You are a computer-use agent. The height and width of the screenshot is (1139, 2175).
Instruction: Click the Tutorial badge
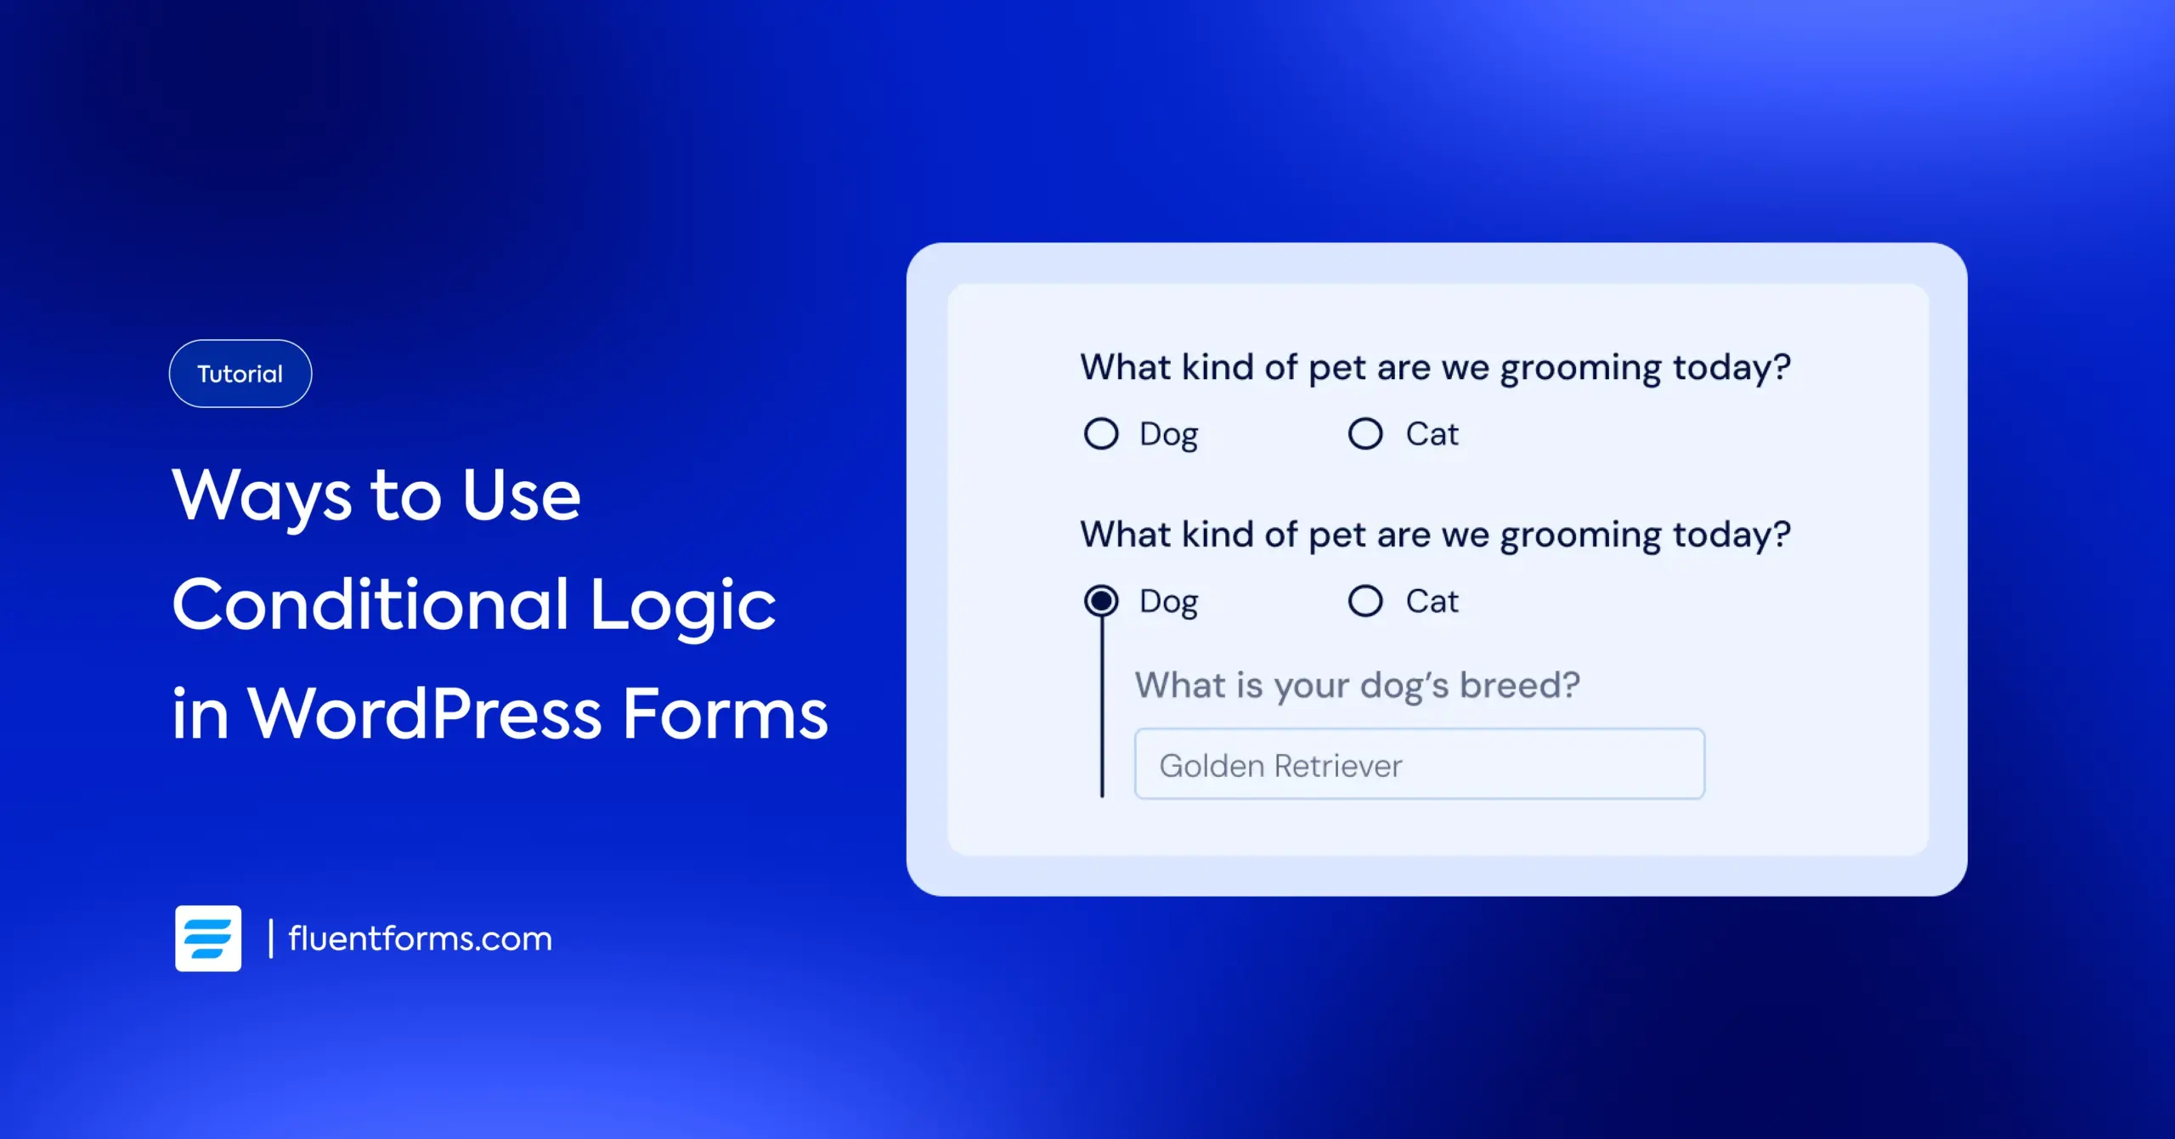(240, 374)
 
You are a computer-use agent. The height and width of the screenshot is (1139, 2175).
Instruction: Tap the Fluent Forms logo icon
(208, 938)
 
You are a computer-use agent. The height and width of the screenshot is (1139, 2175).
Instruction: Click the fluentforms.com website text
(420, 938)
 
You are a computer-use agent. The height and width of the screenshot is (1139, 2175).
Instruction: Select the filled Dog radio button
(1101, 601)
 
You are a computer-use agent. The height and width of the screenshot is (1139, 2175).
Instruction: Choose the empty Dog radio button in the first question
(1101, 433)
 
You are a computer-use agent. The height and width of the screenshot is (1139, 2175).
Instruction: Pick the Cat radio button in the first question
(1365, 433)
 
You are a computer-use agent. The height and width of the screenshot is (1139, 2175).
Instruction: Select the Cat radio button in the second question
(1365, 601)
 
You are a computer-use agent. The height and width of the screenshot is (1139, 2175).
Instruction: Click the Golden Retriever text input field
(1419, 764)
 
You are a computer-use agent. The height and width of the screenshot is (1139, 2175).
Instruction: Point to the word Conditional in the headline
(370, 604)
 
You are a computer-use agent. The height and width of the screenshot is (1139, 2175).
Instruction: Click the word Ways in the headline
(261, 496)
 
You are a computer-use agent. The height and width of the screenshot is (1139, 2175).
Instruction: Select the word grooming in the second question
(1580, 536)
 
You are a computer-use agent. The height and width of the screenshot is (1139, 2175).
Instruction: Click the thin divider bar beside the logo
(271, 938)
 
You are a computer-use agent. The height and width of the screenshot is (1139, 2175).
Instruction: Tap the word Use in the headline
(521, 495)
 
